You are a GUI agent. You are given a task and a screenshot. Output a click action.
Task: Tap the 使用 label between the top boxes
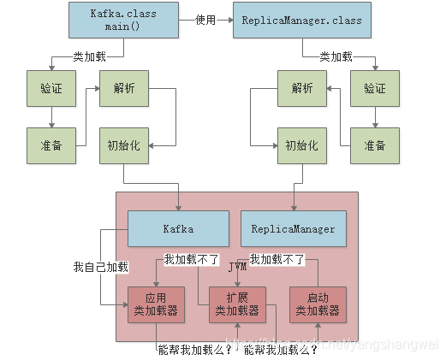tap(205, 20)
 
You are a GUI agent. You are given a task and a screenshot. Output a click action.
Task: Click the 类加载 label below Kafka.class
tap(90, 56)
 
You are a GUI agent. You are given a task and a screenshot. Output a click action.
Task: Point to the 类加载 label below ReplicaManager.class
tap(336, 56)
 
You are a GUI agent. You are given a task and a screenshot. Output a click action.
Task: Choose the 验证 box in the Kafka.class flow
tap(51, 89)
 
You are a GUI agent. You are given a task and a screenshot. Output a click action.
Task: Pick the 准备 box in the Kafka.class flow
tap(51, 145)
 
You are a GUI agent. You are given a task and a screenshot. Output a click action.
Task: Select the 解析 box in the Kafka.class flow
tap(124, 89)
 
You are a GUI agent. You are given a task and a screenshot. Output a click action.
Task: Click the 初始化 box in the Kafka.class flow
tap(124, 145)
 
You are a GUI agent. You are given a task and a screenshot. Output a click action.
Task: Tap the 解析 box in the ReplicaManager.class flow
tap(301, 89)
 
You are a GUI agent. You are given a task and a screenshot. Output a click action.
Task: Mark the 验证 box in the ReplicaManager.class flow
tap(374, 89)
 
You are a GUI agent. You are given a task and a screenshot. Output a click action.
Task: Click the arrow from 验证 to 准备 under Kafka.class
tap(51, 117)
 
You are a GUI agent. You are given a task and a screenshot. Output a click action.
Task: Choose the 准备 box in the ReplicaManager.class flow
tap(374, 145)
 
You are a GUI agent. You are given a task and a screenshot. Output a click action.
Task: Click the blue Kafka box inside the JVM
tap(178, 229)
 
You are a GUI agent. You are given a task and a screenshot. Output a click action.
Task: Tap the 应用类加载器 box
tap(156, 304)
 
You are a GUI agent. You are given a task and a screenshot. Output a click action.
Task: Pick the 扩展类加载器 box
tap(237, 304)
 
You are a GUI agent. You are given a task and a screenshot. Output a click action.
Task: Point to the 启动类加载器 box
tap(318, 304)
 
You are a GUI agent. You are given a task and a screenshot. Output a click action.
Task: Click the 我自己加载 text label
tap(100, 268)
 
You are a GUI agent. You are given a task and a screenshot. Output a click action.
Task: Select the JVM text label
tap(238, 268)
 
